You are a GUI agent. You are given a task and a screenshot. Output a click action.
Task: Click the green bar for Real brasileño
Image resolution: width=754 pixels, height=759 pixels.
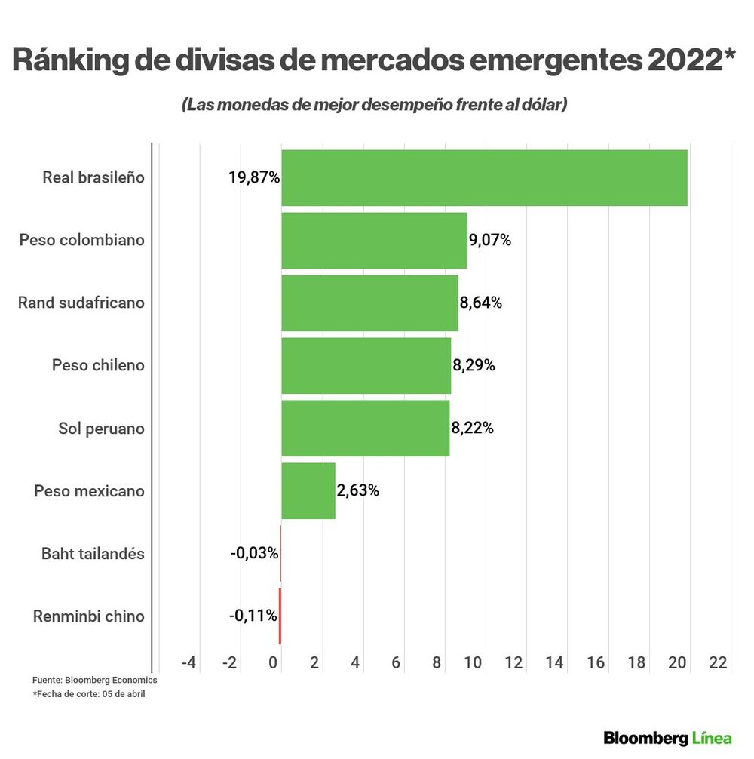click(x=484, y=177)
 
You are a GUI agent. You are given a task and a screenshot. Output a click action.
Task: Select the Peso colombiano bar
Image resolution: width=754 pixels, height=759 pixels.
click(x=374, y=240)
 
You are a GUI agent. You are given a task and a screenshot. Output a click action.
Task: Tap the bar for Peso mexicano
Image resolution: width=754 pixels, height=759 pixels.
click(x=308, y=491)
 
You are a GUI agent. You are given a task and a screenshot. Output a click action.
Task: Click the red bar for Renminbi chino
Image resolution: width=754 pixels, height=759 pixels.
click(x=280, y=616)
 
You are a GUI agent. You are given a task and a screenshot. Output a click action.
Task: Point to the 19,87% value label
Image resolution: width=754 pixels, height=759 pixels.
click(x=254, y=178)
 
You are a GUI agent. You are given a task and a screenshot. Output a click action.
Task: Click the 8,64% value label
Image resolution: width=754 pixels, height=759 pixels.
click(x=481, y=303)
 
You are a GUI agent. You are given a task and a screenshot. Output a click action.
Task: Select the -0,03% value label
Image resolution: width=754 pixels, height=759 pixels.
click(x=254, y=554)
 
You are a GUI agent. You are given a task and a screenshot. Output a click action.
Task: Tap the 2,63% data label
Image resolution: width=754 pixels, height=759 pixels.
click(x=358, y=491)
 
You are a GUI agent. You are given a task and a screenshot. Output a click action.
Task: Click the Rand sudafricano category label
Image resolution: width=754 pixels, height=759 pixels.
click(x=81, y=303)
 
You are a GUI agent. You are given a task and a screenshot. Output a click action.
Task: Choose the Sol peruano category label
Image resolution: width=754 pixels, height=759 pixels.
click(x=101, y=429)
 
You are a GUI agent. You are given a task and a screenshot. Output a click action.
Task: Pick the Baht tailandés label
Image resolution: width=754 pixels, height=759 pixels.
click(x=92, y=554)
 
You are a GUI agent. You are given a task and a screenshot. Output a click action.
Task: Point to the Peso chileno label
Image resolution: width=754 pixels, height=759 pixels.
click(x=98, y=365)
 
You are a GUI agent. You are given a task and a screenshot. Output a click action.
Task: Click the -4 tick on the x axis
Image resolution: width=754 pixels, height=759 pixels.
click(x=188, y=662)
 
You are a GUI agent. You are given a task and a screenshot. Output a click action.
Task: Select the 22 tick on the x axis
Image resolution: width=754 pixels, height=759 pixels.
click(x=718, y=662)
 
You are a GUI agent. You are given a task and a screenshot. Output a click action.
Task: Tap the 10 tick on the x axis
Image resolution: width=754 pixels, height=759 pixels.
click(x=473, y=662)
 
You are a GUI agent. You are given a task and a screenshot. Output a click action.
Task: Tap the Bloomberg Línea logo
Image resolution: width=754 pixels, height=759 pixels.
click(x=667, y=736)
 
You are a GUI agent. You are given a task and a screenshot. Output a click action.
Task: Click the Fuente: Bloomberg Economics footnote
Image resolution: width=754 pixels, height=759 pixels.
click(x=94, y=680)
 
